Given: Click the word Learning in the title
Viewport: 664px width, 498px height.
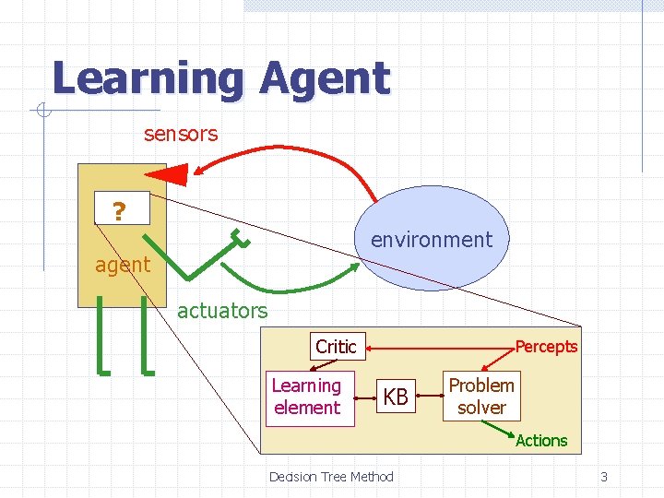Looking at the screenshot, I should [x=148, y=79].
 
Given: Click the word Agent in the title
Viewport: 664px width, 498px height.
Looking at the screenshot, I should [x=325, y=79].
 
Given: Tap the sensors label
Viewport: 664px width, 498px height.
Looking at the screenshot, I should [x=181, y=134].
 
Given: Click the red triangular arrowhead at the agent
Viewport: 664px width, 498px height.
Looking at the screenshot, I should [x=167, y=172].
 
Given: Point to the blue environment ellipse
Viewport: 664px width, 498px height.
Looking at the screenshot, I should [x=432, y=237].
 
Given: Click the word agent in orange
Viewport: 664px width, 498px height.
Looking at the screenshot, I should [x=123, y=265].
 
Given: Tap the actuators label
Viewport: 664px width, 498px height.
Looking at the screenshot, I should [x=222, y=311].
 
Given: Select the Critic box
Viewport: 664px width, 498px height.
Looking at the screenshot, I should [x=336, y=346].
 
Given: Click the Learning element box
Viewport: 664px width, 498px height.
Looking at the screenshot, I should [x=307, y=397].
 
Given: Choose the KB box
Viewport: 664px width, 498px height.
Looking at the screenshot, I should [x=396, y=397].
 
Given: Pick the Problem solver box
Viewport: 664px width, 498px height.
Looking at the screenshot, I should [x=481, y=396].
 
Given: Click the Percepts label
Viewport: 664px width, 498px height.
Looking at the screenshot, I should [x=546, y=347].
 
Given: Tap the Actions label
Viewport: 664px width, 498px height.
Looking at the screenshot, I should [x=541, y=441].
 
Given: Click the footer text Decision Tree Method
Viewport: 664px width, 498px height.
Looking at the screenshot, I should [x=331, y=477].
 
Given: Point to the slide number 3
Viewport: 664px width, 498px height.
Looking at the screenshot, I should [x=604, y=477].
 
